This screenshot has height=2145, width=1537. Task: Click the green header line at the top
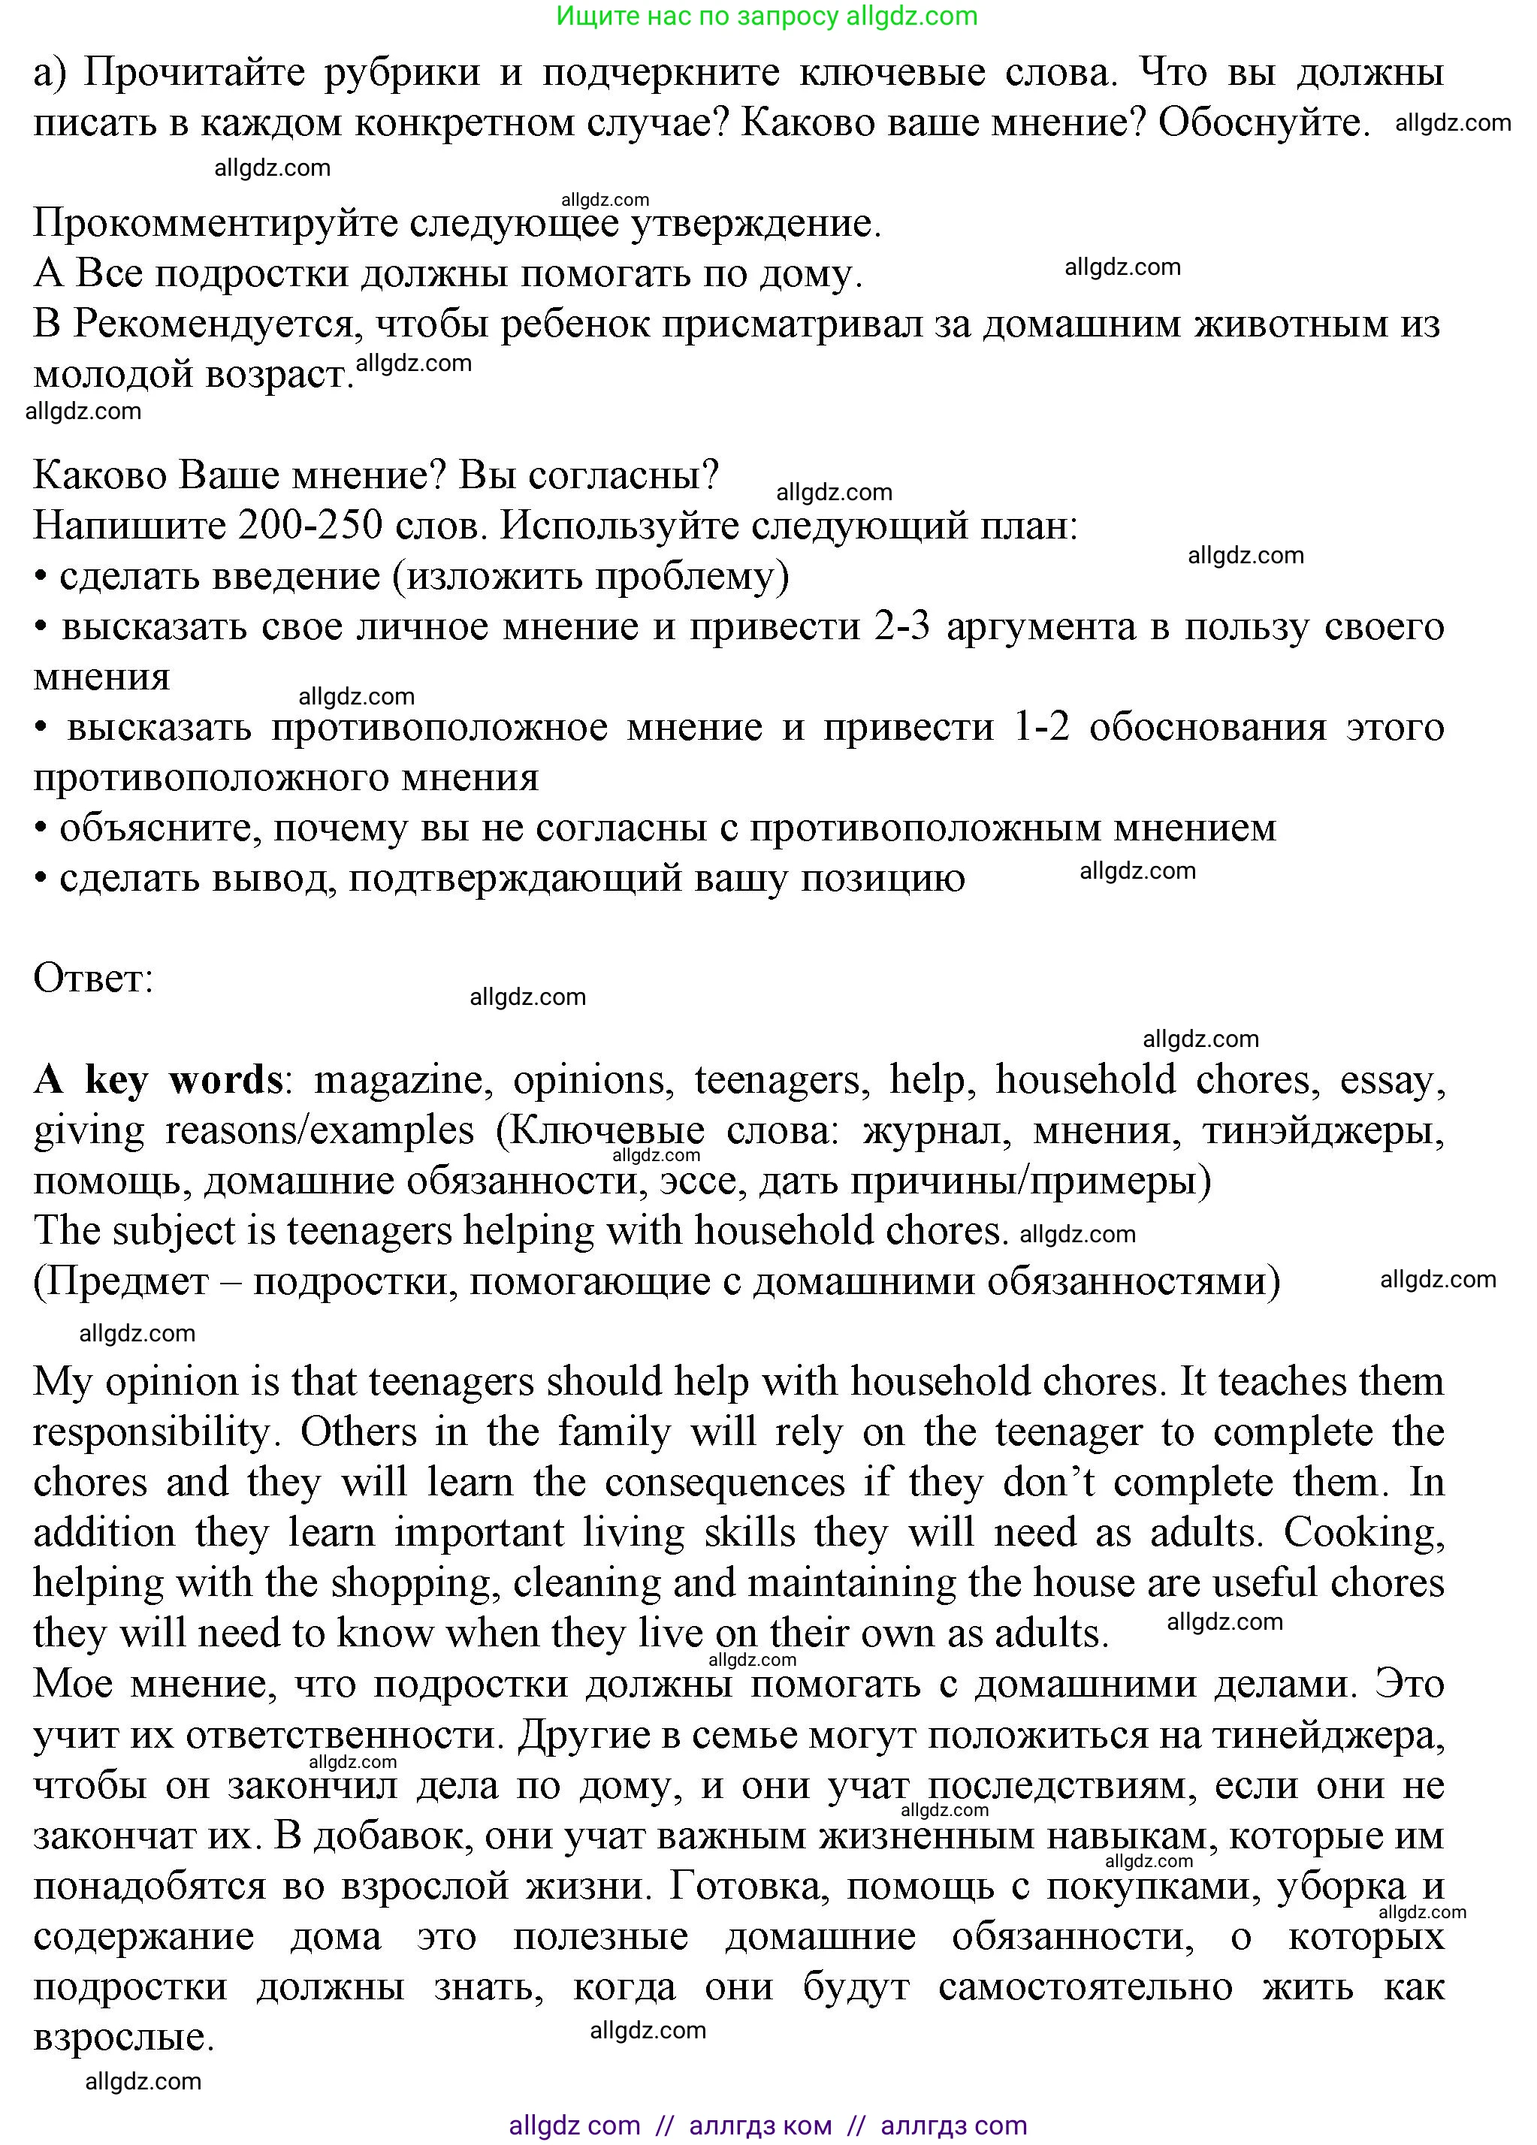pyautogui.click(x=766, y=16)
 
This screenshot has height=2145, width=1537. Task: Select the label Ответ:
pyautogui.click(x=92, y=978)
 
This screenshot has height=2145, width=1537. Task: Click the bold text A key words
pyautogui.click(x=158, y=1079)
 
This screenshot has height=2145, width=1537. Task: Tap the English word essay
pyautogui.click(x=1391, y=1079)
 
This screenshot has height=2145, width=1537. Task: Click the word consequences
pyautogui.click(x=724, y=1482)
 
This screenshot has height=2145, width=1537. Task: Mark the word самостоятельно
pyautogui.click(x=1085, y=1986)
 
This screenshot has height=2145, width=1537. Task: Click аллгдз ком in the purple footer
pyautogui.click(x=760, y=2125)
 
